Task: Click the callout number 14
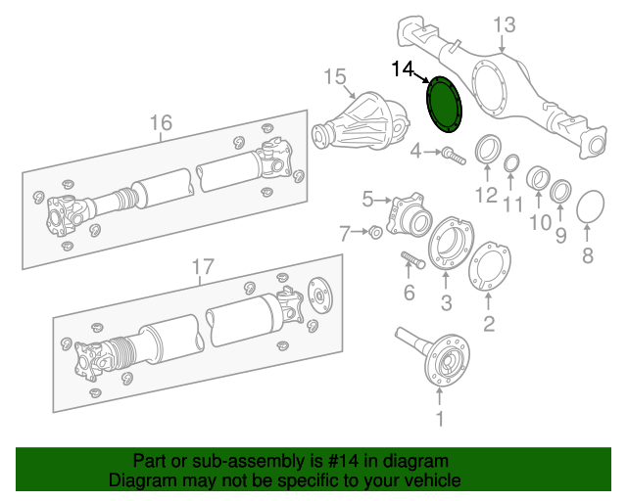403,68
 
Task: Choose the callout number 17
201,265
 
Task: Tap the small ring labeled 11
511,162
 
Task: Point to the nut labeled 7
374,232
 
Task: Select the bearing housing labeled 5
408,214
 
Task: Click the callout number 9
560,235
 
